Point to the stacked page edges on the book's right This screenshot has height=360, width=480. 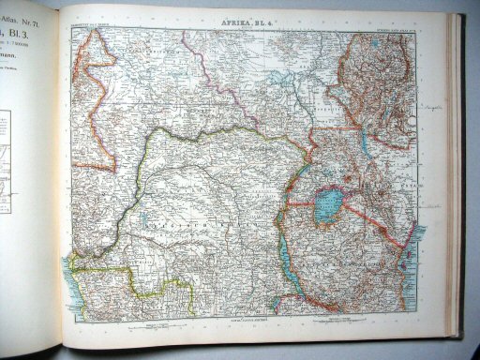tap(457, 187)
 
